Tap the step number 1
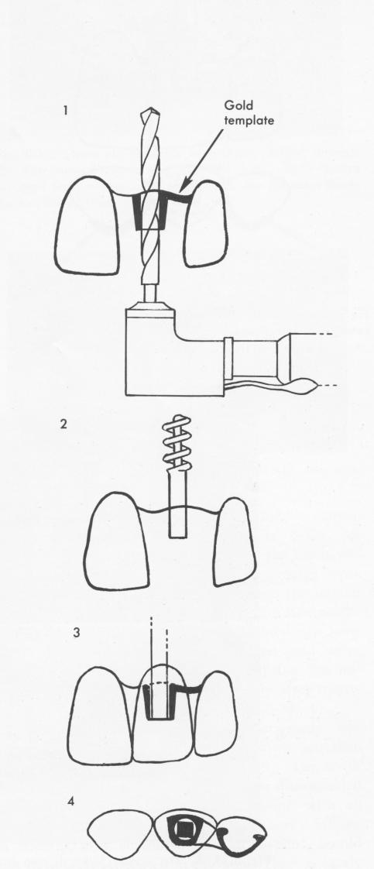coord(65,110)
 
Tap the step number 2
coord(65,427)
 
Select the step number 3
coord(77,632)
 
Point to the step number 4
coord(70,801)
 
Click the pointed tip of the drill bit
coord(149,110)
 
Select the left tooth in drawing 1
coord(87,225)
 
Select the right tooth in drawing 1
coord(205,223)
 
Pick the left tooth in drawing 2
coord(116,541)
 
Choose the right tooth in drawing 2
coord(235,541)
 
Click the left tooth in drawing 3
coord(101,716)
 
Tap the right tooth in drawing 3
coord(216,715)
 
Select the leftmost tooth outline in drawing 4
coord(120,831)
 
